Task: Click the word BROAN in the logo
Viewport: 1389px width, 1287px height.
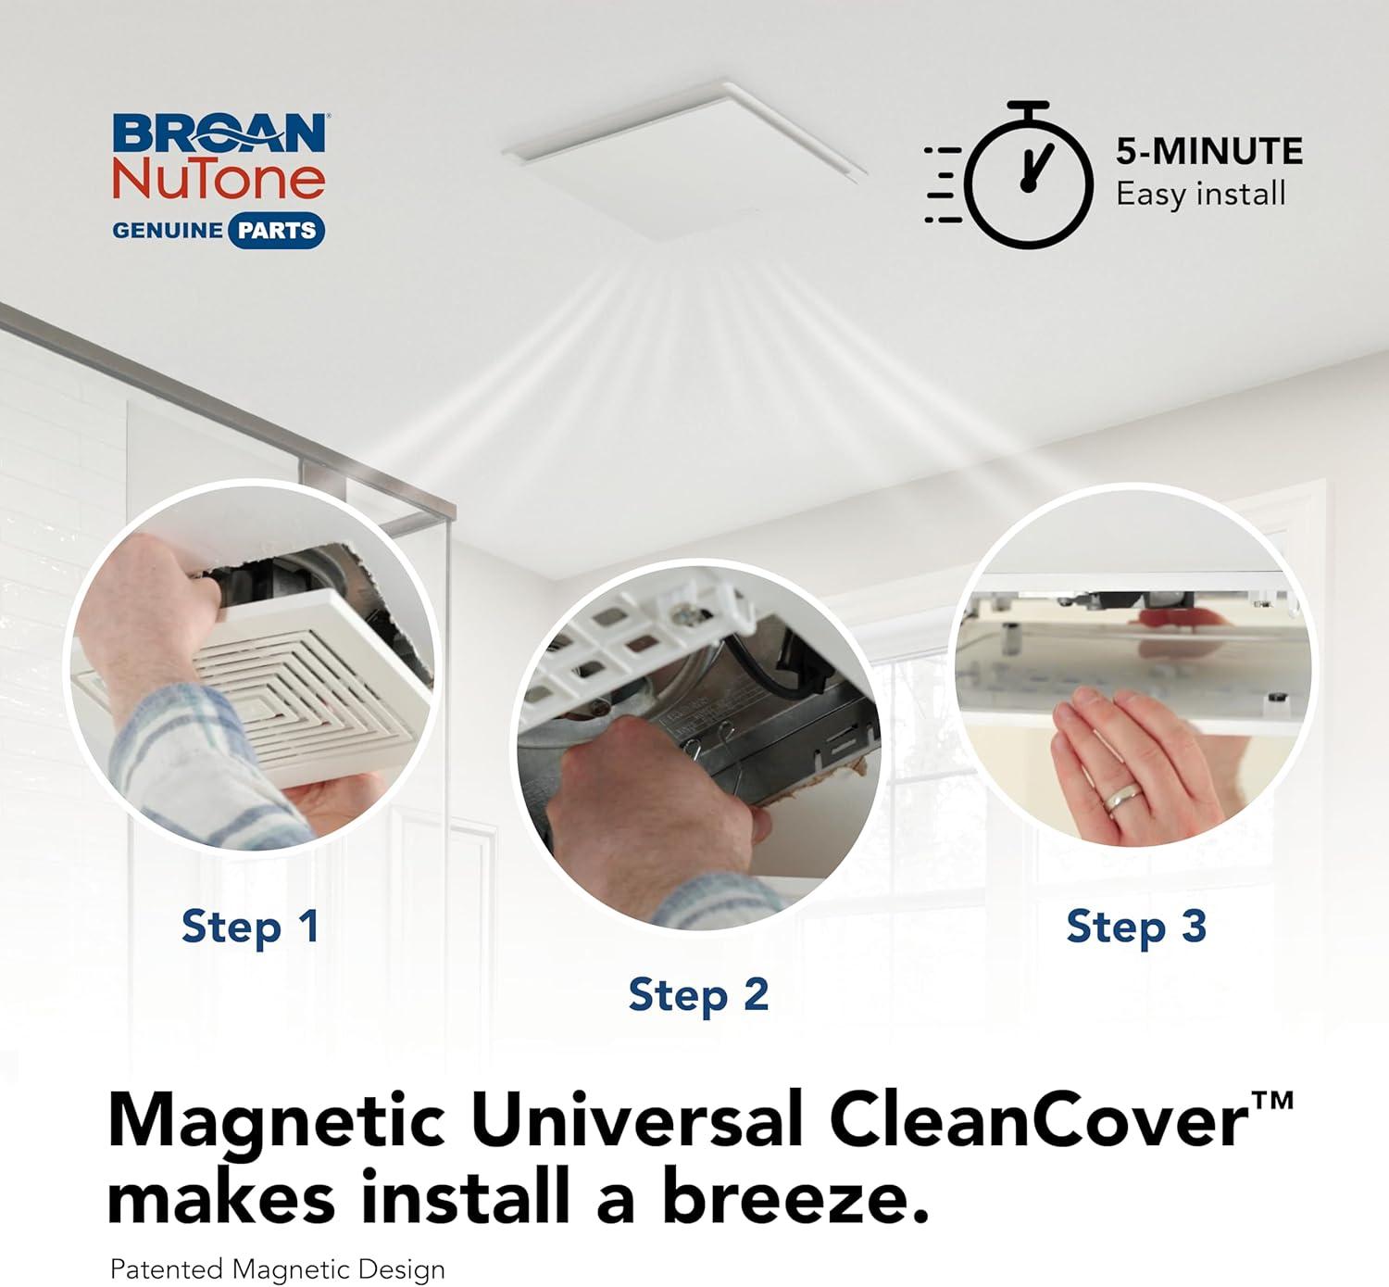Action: click(x=219, y=133)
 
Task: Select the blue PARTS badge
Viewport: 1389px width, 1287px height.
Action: click(x=275, y=230)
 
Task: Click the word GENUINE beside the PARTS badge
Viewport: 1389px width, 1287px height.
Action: click(x=168, y=230)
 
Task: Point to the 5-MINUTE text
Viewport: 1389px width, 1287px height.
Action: click(x=1209, y=151)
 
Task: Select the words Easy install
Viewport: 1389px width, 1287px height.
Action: click(x=1201, y=194)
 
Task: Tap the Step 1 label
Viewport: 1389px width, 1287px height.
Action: click(x=250, y=927)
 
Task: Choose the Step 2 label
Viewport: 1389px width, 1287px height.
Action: click(x=699, y=995)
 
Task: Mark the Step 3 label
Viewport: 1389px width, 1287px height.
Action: click(x=1136, y=927)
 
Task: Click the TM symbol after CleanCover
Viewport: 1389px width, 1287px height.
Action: click(x=1272, y=1101)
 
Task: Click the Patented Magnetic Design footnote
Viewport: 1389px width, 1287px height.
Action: click(x=278, y=1268)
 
